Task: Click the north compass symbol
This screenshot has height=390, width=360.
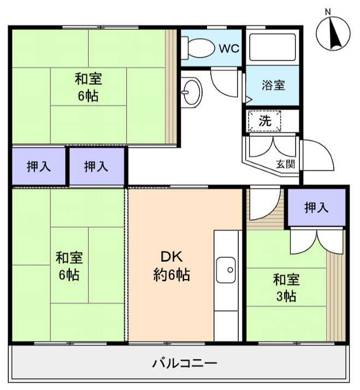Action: coord(334,32)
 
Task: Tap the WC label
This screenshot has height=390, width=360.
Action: coord(229,48)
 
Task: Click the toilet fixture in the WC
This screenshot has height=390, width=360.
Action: coord(199,48)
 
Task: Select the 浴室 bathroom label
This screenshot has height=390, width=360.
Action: coord(273,86)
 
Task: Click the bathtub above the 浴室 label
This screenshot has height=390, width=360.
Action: coord(273,48)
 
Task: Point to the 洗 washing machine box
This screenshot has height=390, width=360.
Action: coord(264,121)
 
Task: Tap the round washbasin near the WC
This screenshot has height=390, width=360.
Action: coord(191,91)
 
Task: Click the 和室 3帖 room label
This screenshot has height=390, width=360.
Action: coord(286,288)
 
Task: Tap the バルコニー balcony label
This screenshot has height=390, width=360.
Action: coord(185,363)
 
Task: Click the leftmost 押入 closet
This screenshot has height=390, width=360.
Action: coord(39,167)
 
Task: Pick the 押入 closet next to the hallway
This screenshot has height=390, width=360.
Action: coord(96,167)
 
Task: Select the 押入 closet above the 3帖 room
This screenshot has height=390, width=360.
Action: coord(317,207)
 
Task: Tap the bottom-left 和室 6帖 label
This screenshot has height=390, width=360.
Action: coord(69,265)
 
